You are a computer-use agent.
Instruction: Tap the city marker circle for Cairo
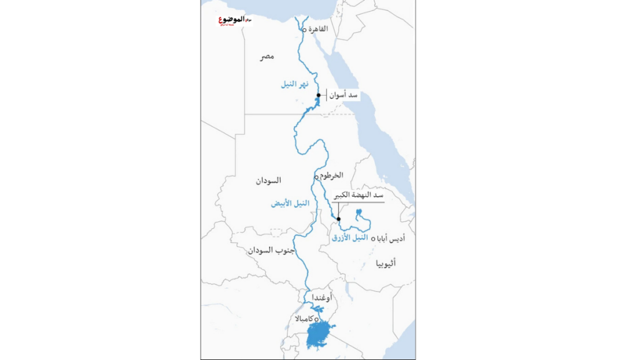(304, 30)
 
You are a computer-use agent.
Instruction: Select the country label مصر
(267, 57)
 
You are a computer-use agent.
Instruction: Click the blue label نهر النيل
(294, 84)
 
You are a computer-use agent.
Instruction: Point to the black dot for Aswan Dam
(319, 96)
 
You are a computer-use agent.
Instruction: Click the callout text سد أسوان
(344, 96)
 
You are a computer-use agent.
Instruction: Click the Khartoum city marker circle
(316, 177)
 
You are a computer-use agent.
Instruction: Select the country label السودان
(268, 181)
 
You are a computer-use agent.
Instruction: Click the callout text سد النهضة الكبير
(358, 196)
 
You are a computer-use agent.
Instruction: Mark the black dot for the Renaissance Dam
(339, 219)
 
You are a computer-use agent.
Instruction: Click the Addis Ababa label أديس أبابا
(393, 239)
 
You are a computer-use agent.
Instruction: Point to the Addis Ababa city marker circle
(373, 239)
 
